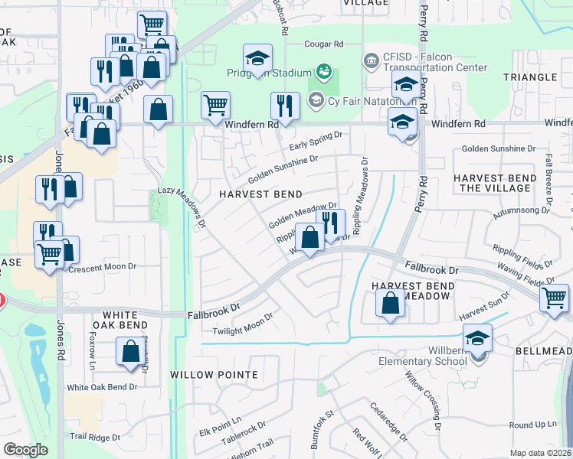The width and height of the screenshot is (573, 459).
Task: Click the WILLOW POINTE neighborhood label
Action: [214, 375]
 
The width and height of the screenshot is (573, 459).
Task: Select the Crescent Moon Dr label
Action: [102, 268]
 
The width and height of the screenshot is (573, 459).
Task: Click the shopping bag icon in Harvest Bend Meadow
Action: [391, 302]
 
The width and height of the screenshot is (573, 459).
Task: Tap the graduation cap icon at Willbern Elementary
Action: [477, 337]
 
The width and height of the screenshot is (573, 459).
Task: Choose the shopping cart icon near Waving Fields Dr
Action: [554, 298]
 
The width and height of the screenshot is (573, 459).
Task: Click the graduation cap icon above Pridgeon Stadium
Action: [257, 57]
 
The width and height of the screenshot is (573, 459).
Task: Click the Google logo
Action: [25, 450]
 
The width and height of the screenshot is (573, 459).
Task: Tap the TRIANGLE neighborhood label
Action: [529, 77]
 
